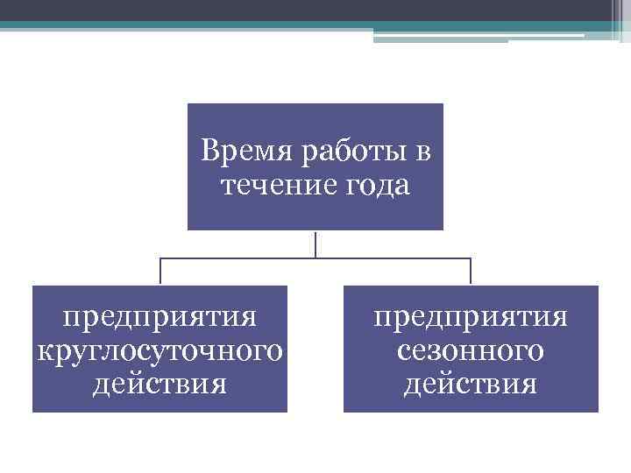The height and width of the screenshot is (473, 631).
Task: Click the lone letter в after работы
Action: click(423, 152)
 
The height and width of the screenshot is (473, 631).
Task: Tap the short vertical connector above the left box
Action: click(160, 272)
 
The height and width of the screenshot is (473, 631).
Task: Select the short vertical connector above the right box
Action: click(471, 272)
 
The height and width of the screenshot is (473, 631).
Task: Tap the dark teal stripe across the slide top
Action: click(263, 26)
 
